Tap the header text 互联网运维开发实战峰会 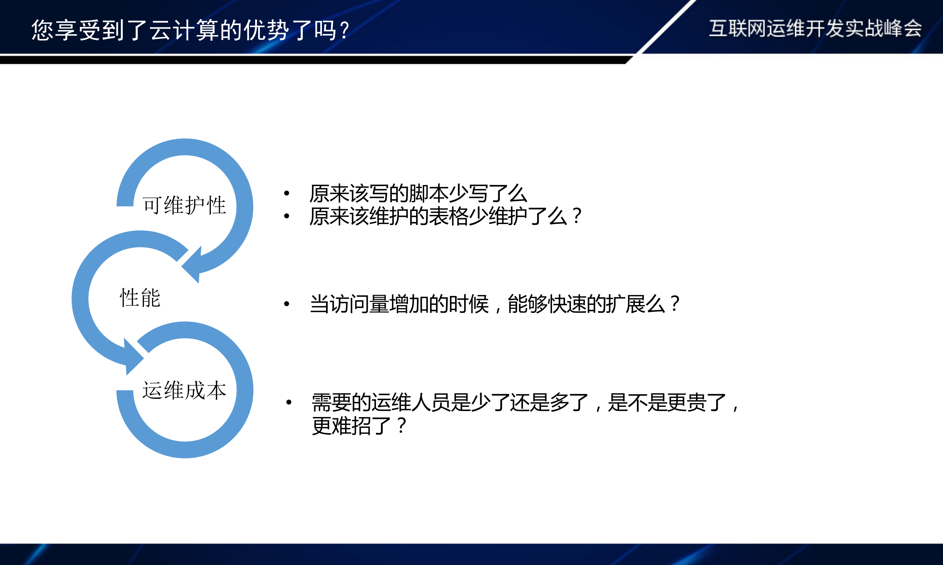point(815,28)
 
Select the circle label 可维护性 point(184,206)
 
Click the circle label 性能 point(140,298)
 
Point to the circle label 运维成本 point(184,390)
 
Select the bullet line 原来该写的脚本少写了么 point(418,193)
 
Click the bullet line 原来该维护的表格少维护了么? point(445,216)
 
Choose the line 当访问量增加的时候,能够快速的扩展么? point(494,304)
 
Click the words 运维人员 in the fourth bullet point(410,402)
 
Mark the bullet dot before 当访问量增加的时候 point(287,304)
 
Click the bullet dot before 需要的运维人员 point(289,402)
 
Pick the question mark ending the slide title point(345,30)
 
